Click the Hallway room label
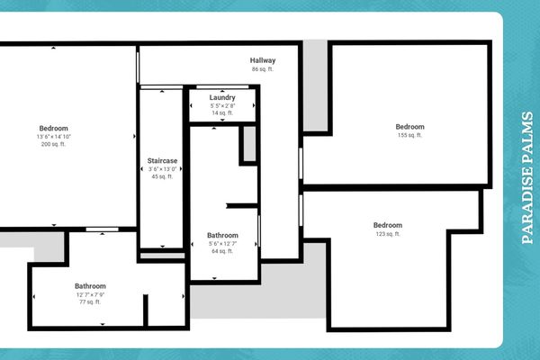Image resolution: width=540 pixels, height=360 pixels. [x=263, y=61]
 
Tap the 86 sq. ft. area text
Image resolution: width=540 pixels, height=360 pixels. [x=263, y=69]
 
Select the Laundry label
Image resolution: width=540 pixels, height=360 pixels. [x=222, y=97]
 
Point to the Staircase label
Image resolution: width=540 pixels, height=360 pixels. [x=163, y=160]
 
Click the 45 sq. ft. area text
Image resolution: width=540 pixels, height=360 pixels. [x=163, y=176]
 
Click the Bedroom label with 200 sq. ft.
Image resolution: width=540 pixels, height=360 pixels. [x=54, y=128]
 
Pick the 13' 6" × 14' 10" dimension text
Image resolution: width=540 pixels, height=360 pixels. [x=54, y=136]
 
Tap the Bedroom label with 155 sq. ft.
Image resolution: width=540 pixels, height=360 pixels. [x=410, y=127]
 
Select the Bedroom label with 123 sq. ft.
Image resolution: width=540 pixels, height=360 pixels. [x=388, y=225]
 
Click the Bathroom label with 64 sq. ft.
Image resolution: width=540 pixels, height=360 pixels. [x=222, y=235]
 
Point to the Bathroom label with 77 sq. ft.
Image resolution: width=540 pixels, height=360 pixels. [x=90, y=286]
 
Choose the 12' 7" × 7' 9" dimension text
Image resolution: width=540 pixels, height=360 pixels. [x=90, y=294]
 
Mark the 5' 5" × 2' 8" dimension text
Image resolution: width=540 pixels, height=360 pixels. [x=222, y=105]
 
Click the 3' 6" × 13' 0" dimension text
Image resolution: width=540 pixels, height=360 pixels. [x=163, y=168]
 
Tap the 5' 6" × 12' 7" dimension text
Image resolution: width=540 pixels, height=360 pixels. [x=222, y=243]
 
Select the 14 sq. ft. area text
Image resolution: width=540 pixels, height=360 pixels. [x=222, y=113]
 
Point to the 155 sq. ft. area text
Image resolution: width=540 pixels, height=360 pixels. [x=410, y=136]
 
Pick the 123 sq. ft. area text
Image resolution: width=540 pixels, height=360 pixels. [x=388, y=234]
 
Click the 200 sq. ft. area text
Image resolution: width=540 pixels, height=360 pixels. [x=54, y=144]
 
